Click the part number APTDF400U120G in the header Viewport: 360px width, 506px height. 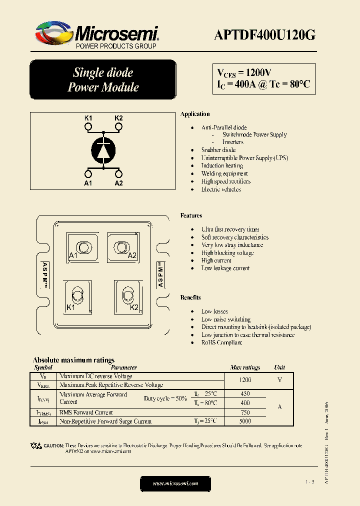point(264,35)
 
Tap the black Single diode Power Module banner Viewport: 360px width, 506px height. point(103,80)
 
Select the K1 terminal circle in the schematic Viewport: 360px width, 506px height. point(88,127)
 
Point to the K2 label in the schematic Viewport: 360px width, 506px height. point(118,118)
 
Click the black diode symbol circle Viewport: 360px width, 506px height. point(103,150)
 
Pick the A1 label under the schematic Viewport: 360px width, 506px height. point(88,183)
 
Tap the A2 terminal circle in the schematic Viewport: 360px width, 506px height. point(118,174)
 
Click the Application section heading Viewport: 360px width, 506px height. point(195,114)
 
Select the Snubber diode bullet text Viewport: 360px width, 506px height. point(218,150)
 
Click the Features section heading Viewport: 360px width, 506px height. point(191,215)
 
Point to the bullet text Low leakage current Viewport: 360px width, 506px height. point(225,268)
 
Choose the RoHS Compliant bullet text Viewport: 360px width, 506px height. point(221,343)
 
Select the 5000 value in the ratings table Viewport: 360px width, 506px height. point(245,421)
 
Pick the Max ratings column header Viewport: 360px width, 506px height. point(245,367)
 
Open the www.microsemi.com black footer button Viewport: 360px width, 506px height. point(175,483)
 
